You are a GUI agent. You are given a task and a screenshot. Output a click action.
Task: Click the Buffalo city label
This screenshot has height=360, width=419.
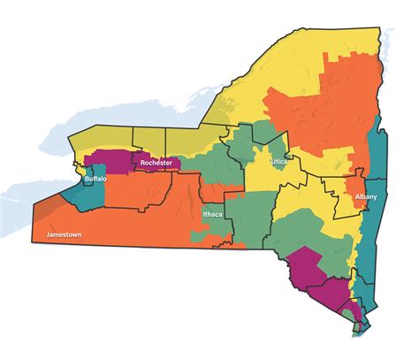[95, 180]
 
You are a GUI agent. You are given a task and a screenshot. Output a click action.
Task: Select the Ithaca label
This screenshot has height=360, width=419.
[213, 215]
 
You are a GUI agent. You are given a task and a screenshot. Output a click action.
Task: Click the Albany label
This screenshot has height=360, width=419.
[366, 196]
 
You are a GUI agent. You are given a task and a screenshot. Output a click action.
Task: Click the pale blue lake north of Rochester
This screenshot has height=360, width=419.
[133, 111]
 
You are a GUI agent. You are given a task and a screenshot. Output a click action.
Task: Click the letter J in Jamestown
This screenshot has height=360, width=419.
[47, 235]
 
